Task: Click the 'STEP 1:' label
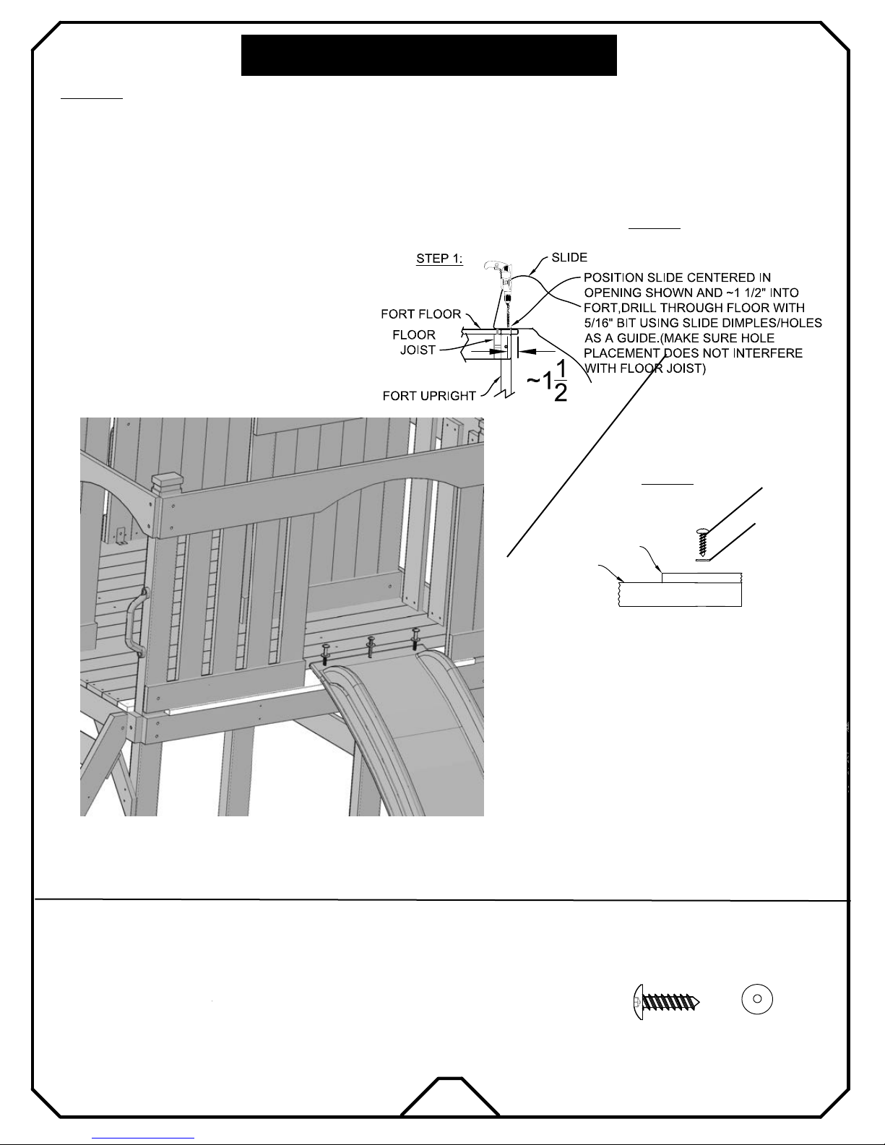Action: click(439, 258)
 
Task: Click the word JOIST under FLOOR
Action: click(418, 350)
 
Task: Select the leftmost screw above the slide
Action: click(324, 654)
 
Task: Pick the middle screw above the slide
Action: click(371, 646)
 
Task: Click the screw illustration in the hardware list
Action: click(667, 1002)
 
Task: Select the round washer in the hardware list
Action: click(757, 999)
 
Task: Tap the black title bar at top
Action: click(428, 55)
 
